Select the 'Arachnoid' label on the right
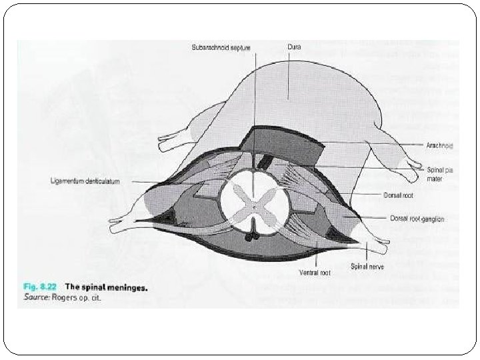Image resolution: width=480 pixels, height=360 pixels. point(440,143)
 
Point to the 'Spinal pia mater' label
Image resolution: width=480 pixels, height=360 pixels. point(438,175)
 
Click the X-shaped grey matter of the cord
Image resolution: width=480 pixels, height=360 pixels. point(253,207)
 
